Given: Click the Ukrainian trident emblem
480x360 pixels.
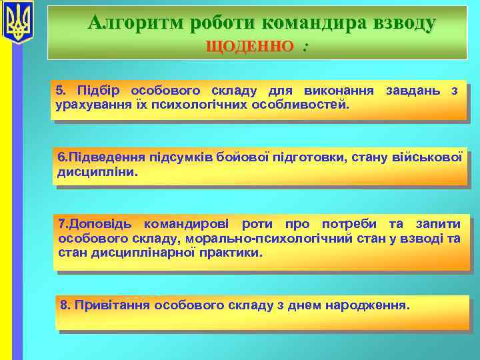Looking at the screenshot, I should pos(17,22).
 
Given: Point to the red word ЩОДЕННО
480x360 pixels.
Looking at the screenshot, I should pos(250,46).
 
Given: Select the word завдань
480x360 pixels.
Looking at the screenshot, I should pos(412,91).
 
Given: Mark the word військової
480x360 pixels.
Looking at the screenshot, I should pos(429,157).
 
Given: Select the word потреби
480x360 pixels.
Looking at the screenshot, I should pos(349,224).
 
